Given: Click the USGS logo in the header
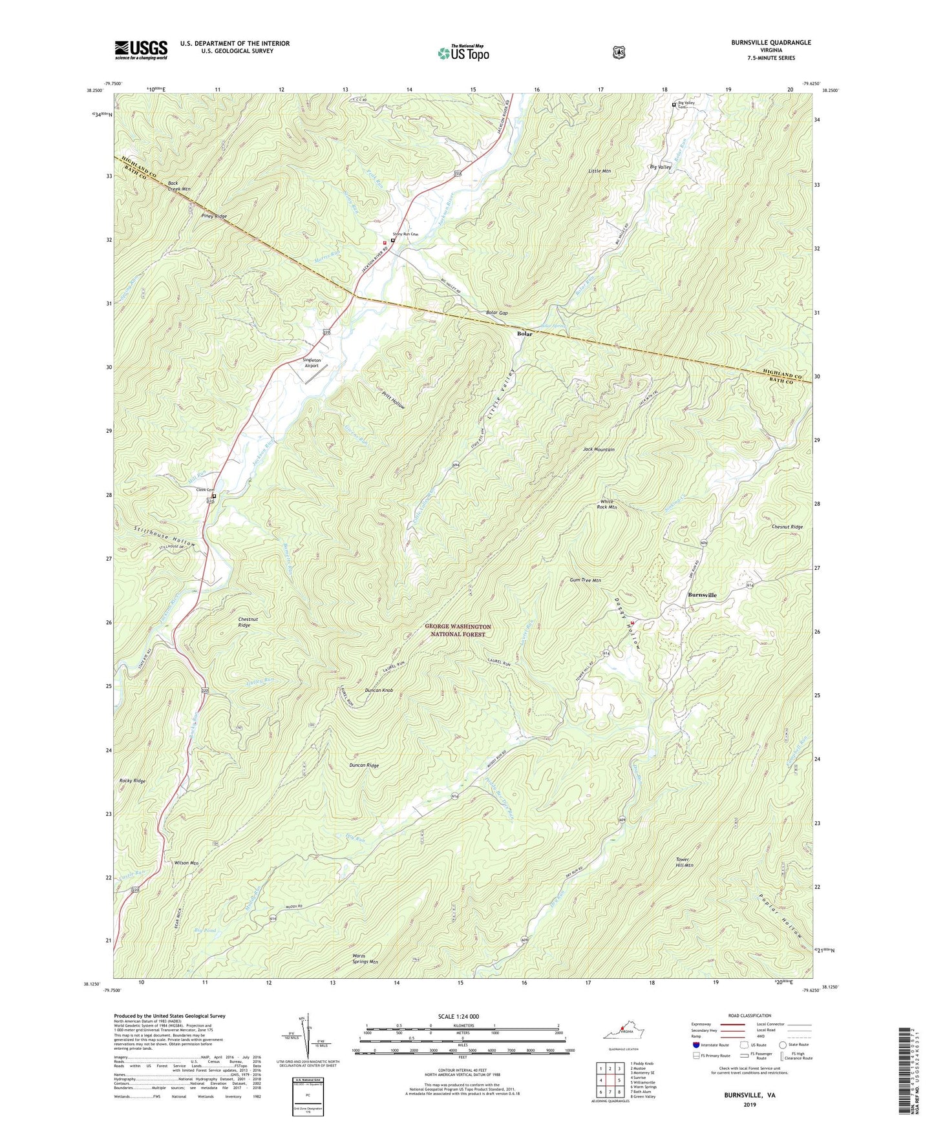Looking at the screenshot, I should point(141,50).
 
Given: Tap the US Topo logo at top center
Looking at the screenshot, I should point(463,52).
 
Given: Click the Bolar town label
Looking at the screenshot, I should point(524,334).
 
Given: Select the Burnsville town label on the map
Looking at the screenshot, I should point(702,594).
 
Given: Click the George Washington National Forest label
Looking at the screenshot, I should point(458,631).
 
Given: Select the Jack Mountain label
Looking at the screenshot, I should point(599,449).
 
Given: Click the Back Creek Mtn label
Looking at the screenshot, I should point(179,186).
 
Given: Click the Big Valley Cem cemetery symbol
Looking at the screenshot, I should point(674,105).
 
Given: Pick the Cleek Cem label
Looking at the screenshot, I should point(204,490).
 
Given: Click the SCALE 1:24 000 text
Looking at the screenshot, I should point(458,1016).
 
